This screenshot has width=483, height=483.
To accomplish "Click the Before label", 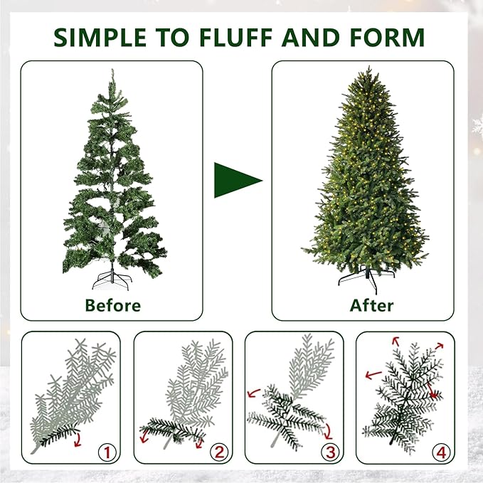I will (x=112, y=306).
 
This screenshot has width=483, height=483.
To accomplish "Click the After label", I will (x=371, y=306).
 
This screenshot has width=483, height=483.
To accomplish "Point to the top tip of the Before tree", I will (x=111, y=70).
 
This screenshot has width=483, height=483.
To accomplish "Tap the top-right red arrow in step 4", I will (x=439, y=346).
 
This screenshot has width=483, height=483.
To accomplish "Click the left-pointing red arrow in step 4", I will (x=371, y=374).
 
